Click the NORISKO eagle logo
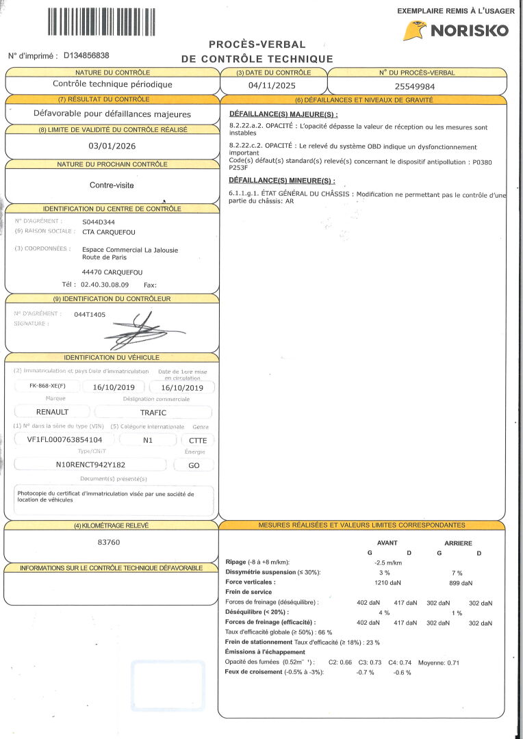click(414, 31)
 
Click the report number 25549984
click(416, 86)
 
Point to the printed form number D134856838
click(86, 55)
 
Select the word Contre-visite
click(112, 185)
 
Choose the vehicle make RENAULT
click(53, 412)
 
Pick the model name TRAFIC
click(153, 412)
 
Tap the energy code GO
click(195, 465)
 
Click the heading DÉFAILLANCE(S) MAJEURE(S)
click(283, 114)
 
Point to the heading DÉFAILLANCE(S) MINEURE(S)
click(281, 181)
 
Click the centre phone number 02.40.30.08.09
click(105, 285)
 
